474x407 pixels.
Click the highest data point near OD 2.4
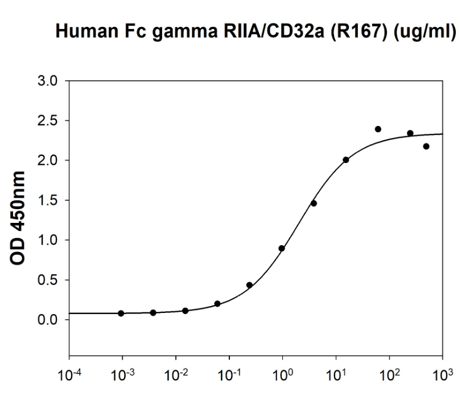point(378,129)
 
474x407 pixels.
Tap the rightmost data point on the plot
point(426,146)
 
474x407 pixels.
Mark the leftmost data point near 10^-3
point(121,313)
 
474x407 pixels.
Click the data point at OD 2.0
point(345,160)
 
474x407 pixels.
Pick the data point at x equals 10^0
point(282,249)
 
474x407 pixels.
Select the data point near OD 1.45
point(314,203)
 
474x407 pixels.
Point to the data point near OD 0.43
point(249,285)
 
